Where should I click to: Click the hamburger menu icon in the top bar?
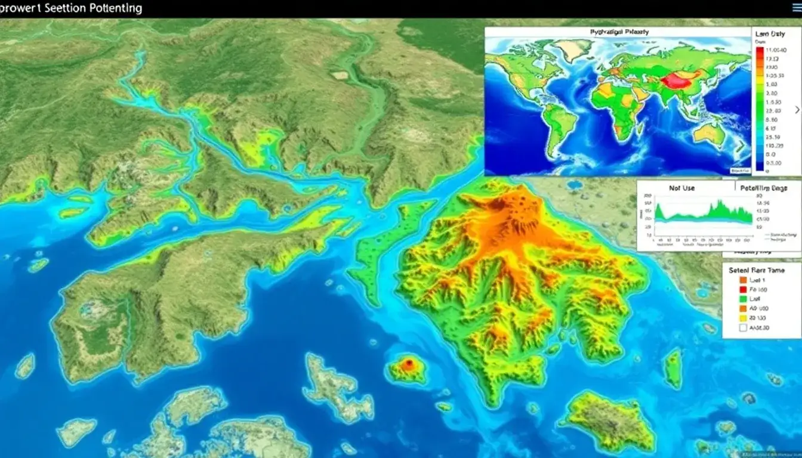[795, 7]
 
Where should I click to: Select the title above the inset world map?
[618, 32]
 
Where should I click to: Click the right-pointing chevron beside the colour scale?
[797, 110]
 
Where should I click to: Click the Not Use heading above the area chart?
[681, 188]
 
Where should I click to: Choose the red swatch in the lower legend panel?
[743, 289]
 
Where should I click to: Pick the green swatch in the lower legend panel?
[743, 299]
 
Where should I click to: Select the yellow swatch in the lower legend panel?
[743, 318]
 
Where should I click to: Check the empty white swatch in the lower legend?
[743, 327]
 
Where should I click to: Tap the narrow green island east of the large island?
[673, 369]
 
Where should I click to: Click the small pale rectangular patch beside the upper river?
[340, 75]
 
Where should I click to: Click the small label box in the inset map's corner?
[740, 171]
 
